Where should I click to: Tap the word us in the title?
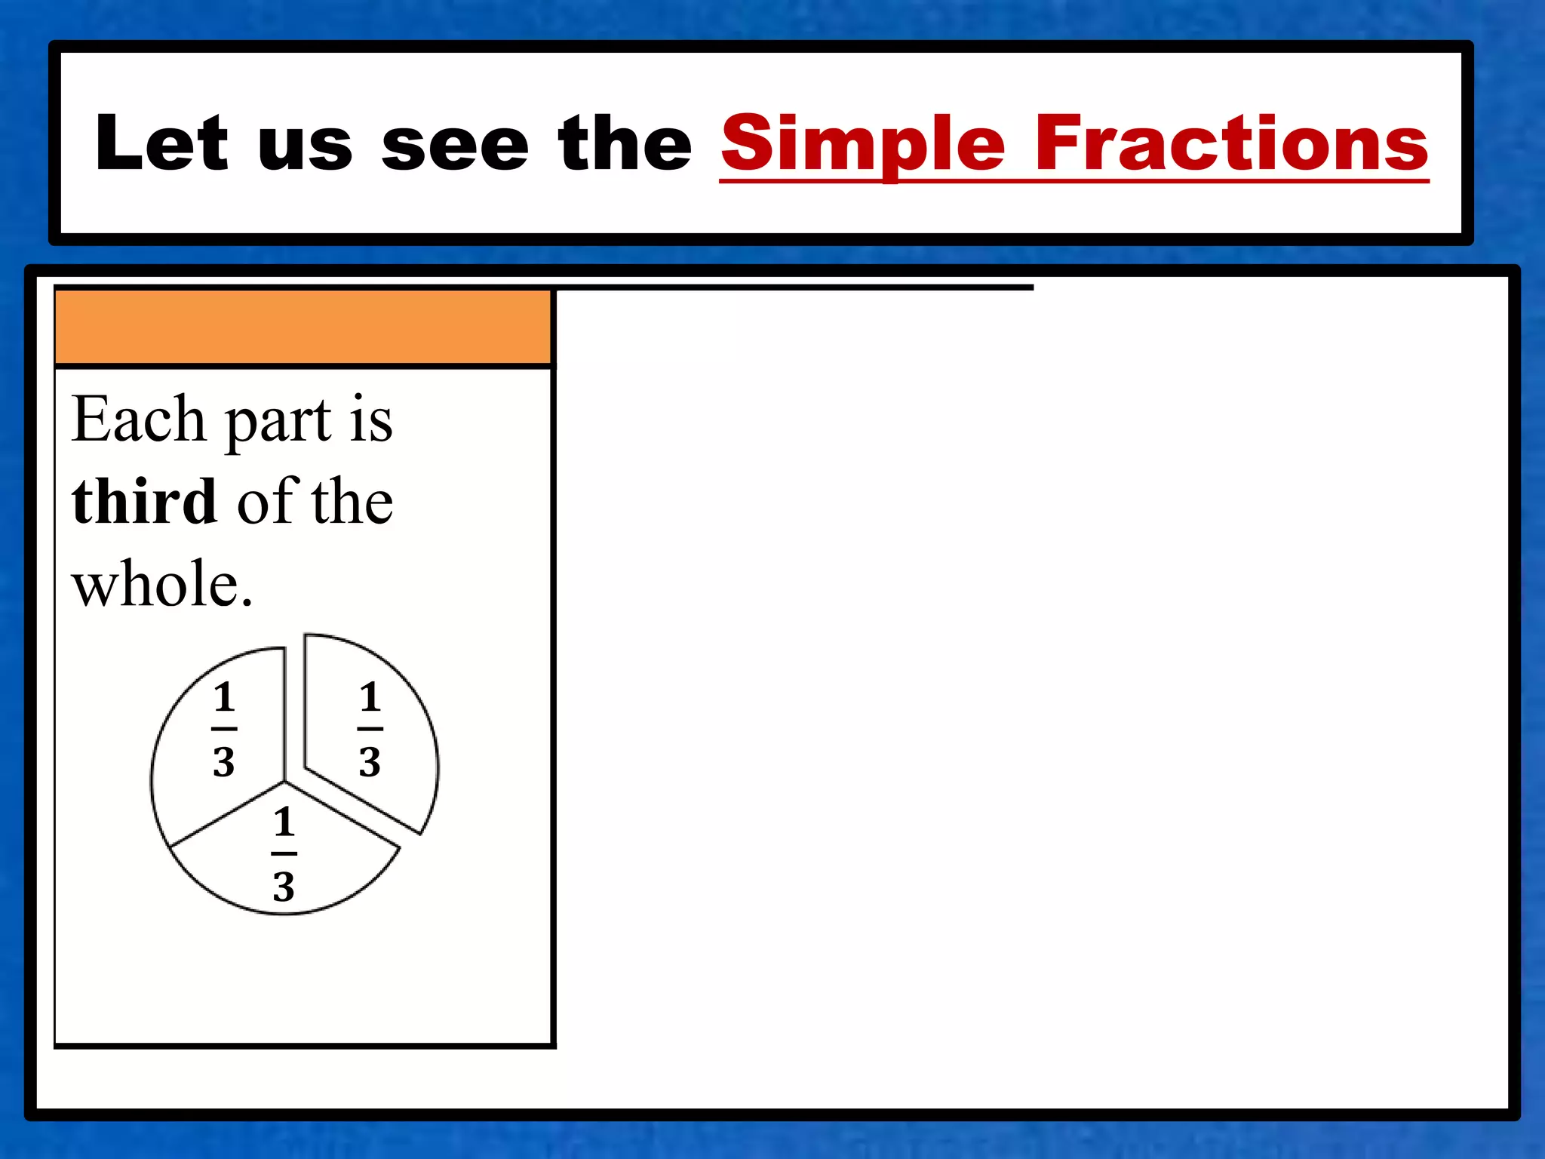pyautogui.click(x=305, y=146)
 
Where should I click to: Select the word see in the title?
pyautogui.click(x=456, y=146)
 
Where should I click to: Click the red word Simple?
pyautogui.click(x=863, y=143)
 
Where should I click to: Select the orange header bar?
pyautogui.click(x=303, y=327)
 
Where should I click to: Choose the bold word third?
pyautogui.click(x=144, y=501)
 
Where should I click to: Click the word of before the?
pyautogui.click(x=267, y=501)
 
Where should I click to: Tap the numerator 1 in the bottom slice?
pyautogui.click(x=284, y=822)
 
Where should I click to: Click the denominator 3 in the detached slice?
pyautogui.click(x=370, y=762)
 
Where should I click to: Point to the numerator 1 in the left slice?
pyautogui.click(x=224, y=696)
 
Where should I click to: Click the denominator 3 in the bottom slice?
pyautogui.click(x=284, y=887)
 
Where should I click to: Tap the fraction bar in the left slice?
pyautogui.click(x=224, y=729)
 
